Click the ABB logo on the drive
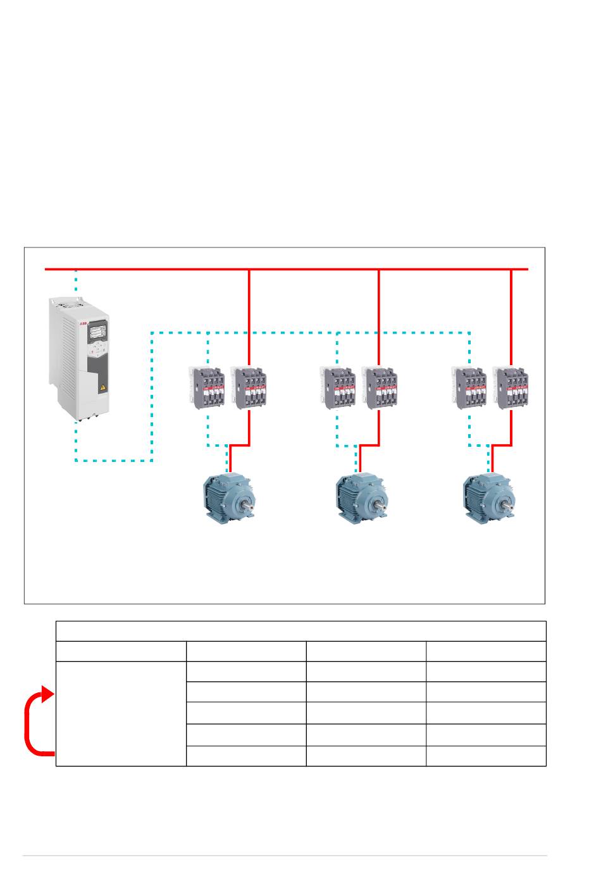[84, 323]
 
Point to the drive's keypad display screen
[97, 332]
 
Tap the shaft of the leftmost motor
[251, 504]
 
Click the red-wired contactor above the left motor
[249, 387]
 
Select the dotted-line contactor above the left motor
[207, 387]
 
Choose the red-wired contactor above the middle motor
[380, 388]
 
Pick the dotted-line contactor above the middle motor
[337, 388]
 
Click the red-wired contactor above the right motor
[511, 388]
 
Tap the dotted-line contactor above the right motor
[469, 388]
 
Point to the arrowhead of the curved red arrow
[47, 694]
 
